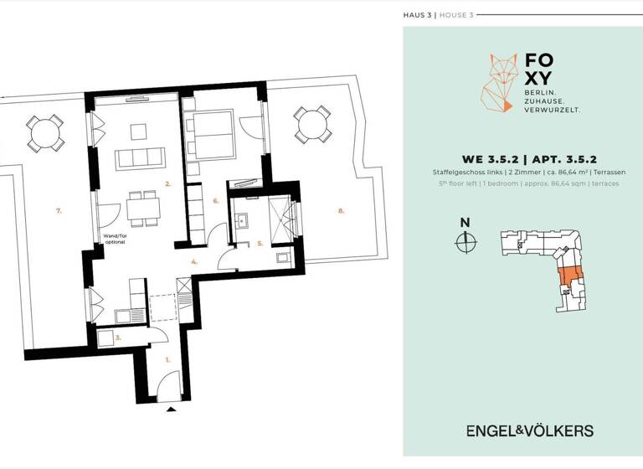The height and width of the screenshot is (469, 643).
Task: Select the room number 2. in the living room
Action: click(167, 183)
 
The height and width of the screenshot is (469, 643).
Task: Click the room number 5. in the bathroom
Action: click(260, 245)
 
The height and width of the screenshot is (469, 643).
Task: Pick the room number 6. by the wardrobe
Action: click(216, 201)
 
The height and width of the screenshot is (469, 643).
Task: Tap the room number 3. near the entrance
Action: click(119, 338)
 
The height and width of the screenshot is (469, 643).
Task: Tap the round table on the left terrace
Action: click(45, 131)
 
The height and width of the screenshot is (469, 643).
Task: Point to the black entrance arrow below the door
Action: click(172, 410)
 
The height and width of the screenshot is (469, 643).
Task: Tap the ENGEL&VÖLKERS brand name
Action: click(529, 430)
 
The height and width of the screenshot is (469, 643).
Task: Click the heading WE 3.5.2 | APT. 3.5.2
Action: click(523, 158)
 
